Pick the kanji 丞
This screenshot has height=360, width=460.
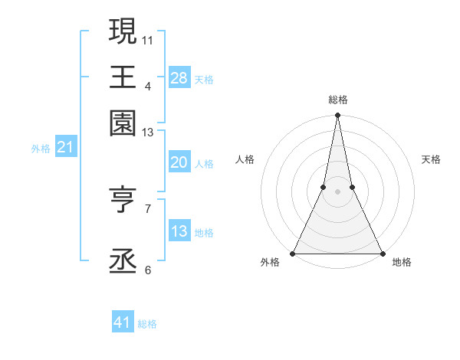(x=123, y=260)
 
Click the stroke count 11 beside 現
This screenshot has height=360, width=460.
(x=148, y=39)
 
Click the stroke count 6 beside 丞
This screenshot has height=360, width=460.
(x=147, y=270)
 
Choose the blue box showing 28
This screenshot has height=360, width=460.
(x=179, y=78)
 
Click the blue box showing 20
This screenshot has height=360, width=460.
(x=179, y=162)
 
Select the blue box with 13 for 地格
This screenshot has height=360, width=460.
(x=179, y=231)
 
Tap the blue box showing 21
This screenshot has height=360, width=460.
(x=64, y=147)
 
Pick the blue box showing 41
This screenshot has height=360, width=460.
(x=123, y=322)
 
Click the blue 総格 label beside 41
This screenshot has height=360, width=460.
(x=147, y=324)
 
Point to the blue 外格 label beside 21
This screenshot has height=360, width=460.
(x=40, y=149)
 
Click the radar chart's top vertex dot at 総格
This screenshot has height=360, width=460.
(x=337, y=116)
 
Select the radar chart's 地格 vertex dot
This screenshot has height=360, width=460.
(x=382, y=253)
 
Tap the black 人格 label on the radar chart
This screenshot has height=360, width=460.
(x=245, y=159)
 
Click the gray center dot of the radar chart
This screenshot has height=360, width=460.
(x=337, y=191)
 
